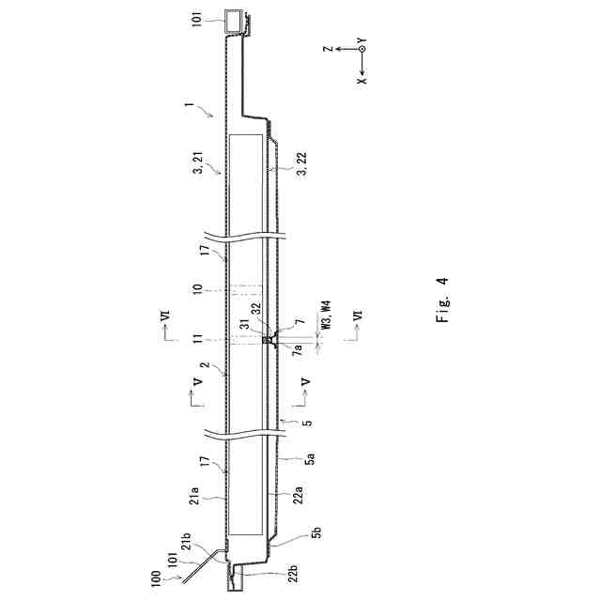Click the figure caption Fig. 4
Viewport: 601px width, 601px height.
pyautogui.click(x=442, y=300)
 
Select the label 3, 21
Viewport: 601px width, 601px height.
pyautogui.click(x=199, y=162)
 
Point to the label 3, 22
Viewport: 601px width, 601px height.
pyautogui.click(x=302, y=163)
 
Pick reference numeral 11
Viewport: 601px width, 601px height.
pyautogui.click(x=198, y=339)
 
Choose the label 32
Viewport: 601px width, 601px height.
pyautogui.click(x=256, y=309)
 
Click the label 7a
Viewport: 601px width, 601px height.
pyautogui.click(x=299, y=350)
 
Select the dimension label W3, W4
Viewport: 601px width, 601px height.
pyautogui.click(x=326, y=316)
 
